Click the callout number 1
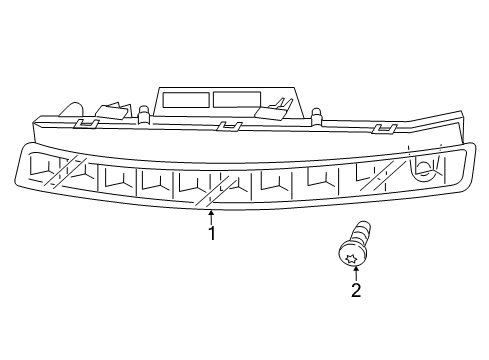212,233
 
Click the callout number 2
356,290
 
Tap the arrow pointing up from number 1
211,217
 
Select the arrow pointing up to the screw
356,274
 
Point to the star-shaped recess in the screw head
350,258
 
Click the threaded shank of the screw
363,232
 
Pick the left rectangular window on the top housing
186,100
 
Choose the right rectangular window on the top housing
237,99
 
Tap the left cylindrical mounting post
143,115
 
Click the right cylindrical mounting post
317,117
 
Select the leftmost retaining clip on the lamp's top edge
86,123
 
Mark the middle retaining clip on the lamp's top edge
229,126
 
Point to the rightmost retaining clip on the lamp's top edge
385,129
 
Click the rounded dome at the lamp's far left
72,109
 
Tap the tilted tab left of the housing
113,111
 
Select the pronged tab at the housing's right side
274,109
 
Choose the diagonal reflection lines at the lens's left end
66,170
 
